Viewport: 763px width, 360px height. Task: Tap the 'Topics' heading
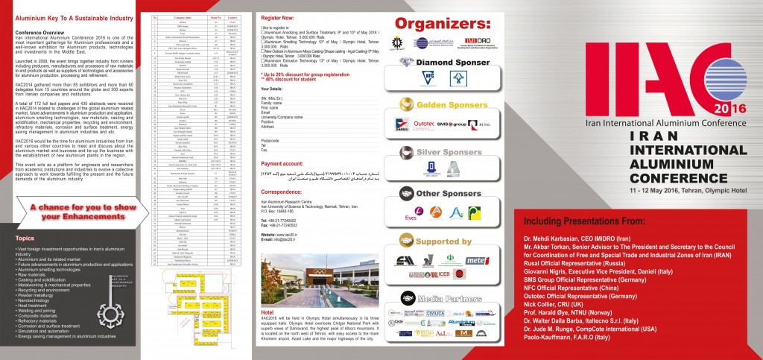point(24,239)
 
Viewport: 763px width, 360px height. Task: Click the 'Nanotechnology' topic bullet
point(37,299)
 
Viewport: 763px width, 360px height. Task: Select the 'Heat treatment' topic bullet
point(35,304)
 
